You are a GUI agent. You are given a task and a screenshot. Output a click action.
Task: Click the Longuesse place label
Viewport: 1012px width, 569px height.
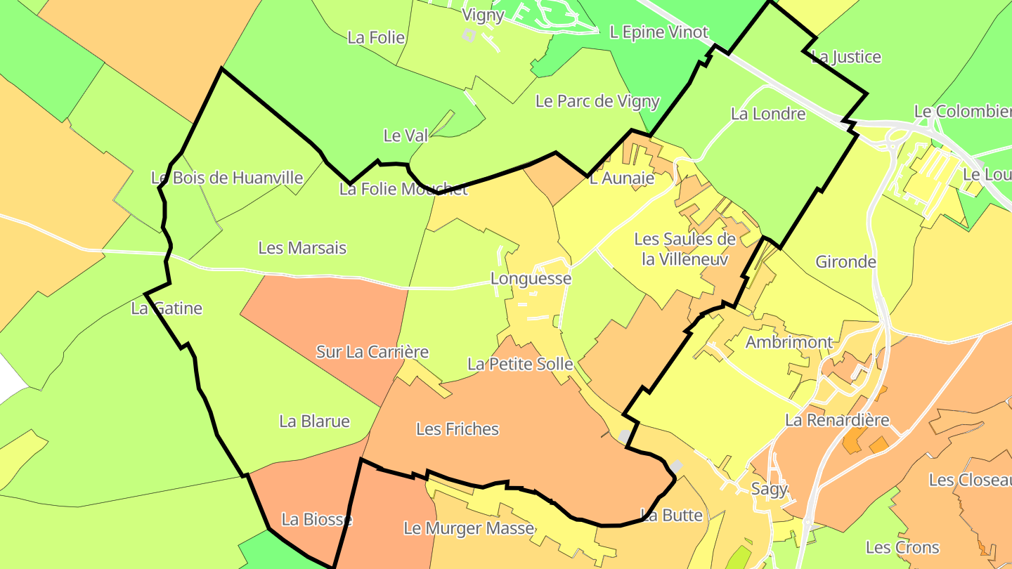(x=531, y=279)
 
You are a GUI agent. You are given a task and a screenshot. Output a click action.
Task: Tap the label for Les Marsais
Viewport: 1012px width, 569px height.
(x=302, y=248)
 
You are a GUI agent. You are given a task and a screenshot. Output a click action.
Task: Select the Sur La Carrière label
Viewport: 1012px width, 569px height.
(x=372, y=352)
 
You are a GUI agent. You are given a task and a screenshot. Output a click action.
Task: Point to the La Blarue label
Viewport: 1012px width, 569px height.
(x=314, y=421)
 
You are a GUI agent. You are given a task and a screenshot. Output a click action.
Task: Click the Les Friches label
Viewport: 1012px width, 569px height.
(x=458, y=429)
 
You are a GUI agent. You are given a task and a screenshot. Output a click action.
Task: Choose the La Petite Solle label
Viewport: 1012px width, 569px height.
(x=520, y=365)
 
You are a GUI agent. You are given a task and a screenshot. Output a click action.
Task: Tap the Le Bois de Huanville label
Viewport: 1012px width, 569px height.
(x=227, y=178)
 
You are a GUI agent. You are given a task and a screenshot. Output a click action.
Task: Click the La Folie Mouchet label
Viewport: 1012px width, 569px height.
(x=403, y=189)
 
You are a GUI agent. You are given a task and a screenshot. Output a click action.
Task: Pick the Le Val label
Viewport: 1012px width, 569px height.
(x=406, y=136)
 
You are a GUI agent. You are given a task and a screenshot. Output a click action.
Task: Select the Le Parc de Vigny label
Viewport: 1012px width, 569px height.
(x=597, y=101)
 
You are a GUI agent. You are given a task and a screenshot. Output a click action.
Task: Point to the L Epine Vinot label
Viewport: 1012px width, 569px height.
(x=659, y=32)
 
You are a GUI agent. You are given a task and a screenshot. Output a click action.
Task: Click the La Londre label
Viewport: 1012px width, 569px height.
(x=768, y=114)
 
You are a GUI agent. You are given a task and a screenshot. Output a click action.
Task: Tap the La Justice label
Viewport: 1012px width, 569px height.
(x=846, y=57)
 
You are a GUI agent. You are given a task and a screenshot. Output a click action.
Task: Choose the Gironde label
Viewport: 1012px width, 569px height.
(x=845, y=262)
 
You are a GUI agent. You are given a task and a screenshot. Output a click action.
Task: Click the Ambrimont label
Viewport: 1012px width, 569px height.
(x=789, y=343)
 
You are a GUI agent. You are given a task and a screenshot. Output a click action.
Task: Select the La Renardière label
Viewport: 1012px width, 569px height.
(x=837, y=421)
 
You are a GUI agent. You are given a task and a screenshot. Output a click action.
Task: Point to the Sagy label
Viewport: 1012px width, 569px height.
(x=770, y=489)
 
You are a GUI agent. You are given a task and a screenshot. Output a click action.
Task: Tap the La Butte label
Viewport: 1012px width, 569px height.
(x=672, y=516)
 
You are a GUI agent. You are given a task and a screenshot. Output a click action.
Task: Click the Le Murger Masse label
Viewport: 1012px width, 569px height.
(x=469, y=528)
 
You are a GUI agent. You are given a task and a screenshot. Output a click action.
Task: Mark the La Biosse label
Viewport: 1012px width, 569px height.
(x=316, y=520)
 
